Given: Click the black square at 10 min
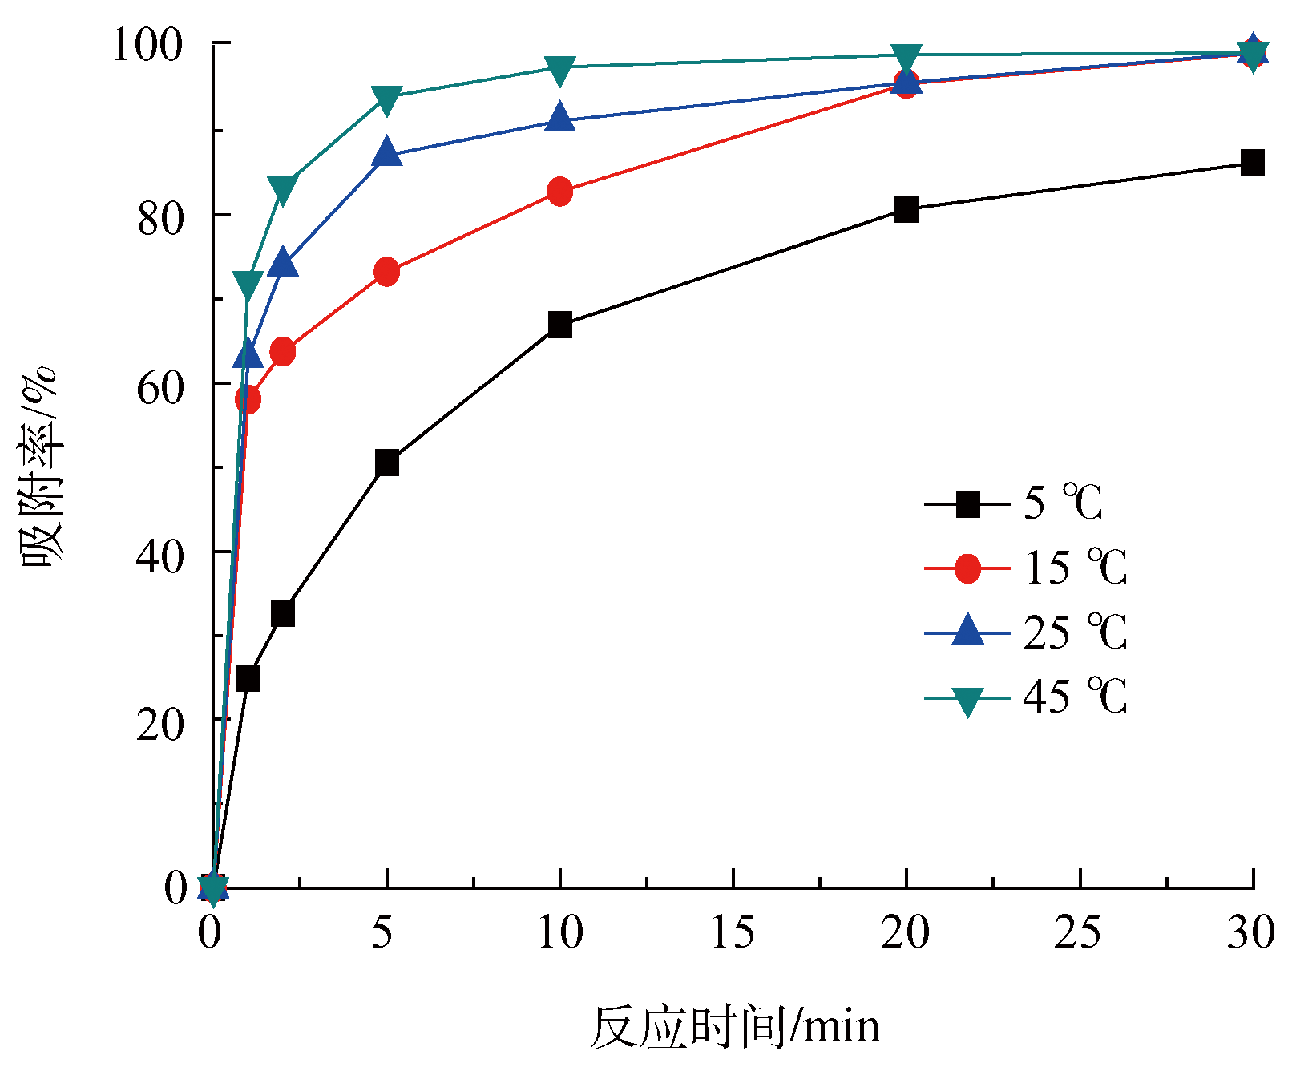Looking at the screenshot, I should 559,325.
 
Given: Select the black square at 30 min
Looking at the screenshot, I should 1252,163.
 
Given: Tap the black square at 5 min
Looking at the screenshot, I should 386,463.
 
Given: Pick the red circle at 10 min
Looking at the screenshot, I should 559,192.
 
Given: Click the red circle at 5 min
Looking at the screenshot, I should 386,273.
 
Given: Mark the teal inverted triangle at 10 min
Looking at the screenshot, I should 559,69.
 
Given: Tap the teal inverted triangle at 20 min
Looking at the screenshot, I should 906,57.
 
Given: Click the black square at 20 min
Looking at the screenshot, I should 906,209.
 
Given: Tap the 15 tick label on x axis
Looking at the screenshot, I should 732,932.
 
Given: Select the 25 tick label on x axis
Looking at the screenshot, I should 1079,932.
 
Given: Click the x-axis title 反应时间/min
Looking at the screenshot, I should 734,1027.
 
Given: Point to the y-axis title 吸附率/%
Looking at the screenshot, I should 38,465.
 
